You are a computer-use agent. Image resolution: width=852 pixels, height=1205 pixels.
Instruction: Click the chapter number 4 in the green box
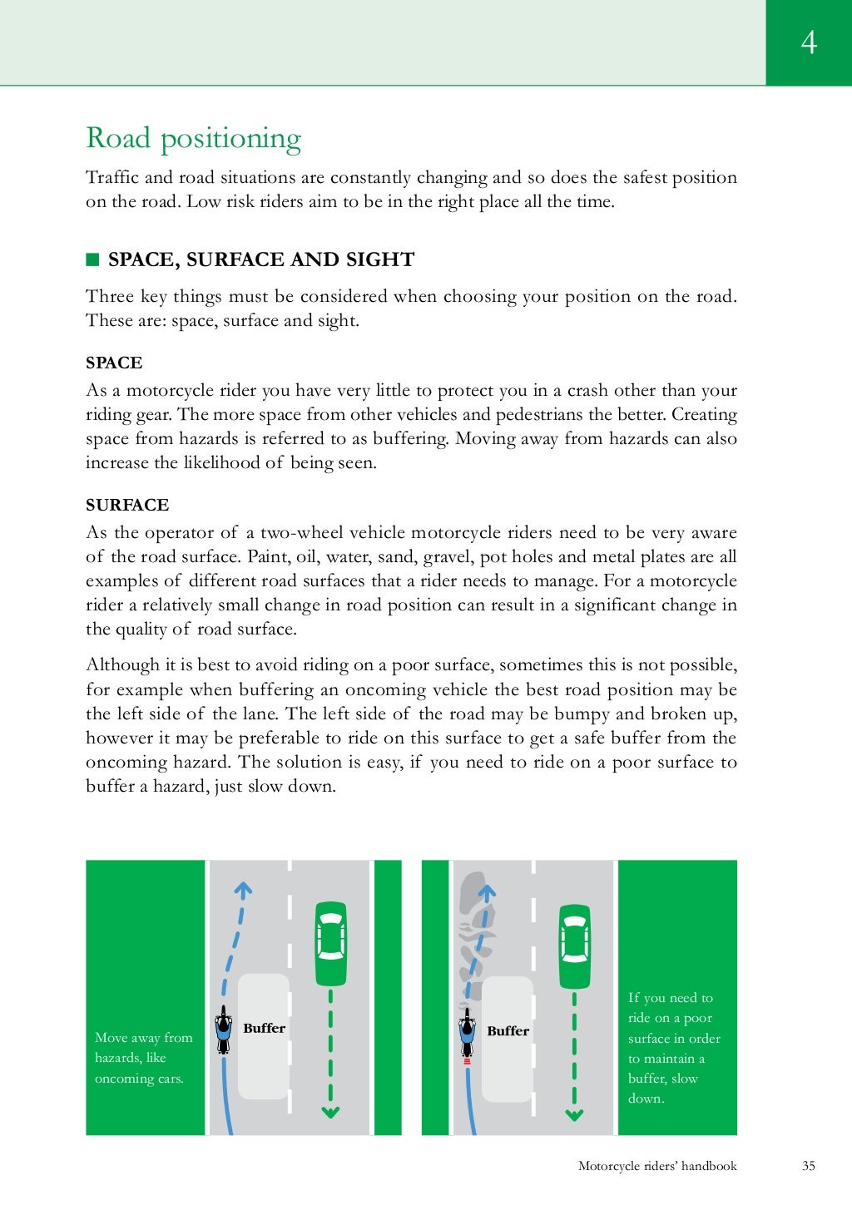809,42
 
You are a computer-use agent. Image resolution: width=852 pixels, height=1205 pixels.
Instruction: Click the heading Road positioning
193,138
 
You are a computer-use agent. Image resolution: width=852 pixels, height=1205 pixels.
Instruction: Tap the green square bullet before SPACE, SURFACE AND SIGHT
92,259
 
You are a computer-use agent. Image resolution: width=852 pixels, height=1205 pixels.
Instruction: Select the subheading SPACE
114,363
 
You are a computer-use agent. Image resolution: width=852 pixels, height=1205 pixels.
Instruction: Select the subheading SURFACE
127,505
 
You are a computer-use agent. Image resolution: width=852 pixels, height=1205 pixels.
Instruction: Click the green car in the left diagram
330,943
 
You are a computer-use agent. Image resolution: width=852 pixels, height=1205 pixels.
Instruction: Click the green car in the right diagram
574,946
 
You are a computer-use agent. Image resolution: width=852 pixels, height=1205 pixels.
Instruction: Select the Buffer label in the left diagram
264,1029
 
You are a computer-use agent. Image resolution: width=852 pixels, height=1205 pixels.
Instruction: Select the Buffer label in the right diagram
508,1031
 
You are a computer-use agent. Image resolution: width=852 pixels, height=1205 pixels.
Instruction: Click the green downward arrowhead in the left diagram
330,1111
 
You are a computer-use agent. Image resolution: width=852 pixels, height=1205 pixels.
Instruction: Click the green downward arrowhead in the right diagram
574,1114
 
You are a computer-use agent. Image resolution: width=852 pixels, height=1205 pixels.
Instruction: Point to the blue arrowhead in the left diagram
242,890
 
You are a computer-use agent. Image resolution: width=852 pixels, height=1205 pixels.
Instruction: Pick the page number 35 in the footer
809,1166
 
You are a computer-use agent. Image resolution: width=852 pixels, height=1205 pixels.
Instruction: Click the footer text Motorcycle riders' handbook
657,1166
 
